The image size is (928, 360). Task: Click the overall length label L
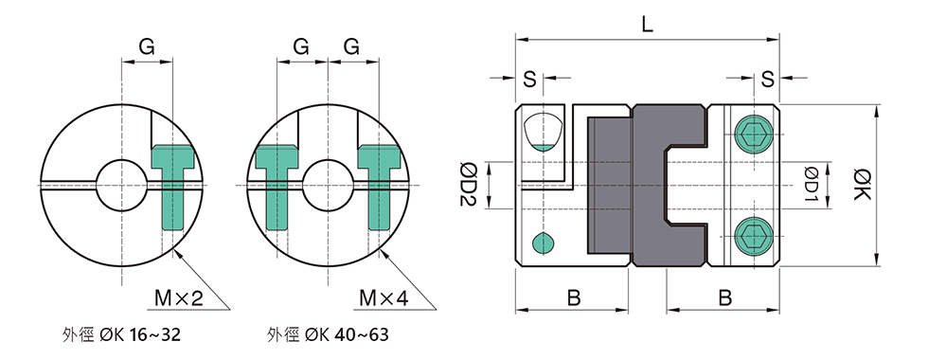[x=647, y=26]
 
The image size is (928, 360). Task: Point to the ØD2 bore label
[x=466, y=184]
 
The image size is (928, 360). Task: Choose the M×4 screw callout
[x=384, y=299]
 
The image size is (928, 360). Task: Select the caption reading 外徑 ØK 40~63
[x=328, y=335]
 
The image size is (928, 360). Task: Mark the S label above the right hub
[x=766, y=78]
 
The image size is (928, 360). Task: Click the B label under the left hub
[x=574, y=297]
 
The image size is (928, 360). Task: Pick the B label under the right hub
[x=724, y=297]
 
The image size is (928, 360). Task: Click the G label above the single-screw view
[x=147, y=45]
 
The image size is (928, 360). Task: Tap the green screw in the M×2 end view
[x=173, y=189]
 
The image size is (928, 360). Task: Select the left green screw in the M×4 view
[x=276, y=189]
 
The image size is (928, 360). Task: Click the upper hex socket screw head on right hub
[x=754, y=135]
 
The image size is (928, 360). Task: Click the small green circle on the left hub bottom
[x=542, y=243]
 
